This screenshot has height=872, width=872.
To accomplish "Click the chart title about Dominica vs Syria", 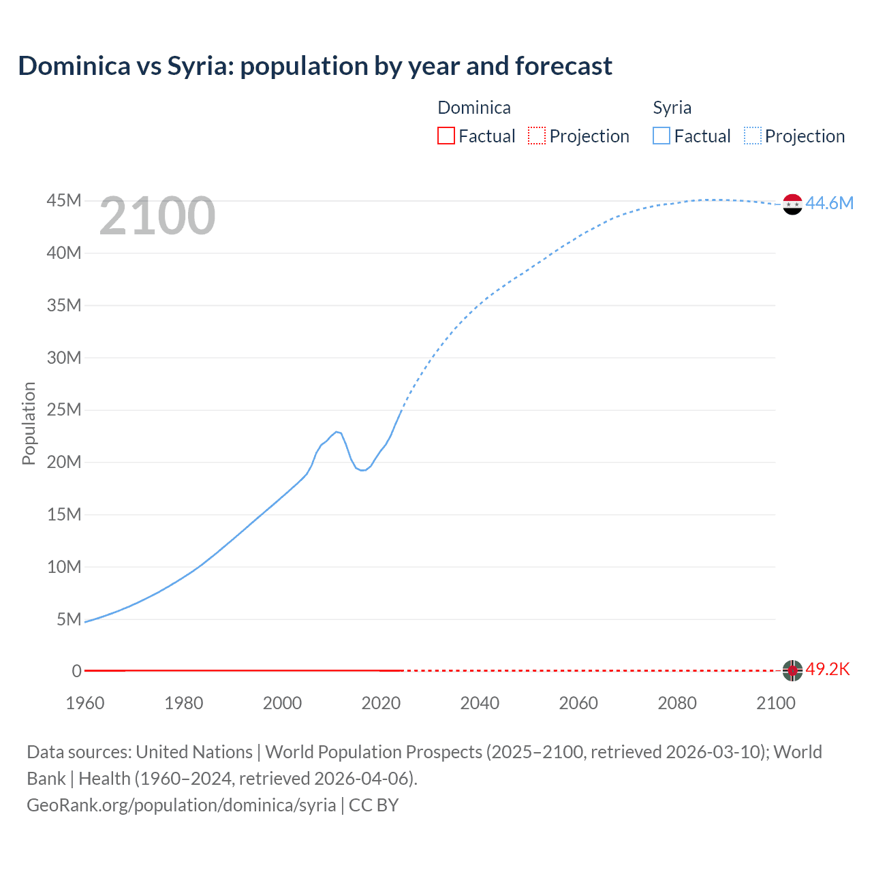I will point(315,66).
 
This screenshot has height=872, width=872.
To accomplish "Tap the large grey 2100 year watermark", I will point(157,216).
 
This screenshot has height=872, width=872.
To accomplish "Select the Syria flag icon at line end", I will point(792,204).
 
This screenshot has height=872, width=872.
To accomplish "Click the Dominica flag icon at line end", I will point(792,670).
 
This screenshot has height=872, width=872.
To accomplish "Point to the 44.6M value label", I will point(829,203).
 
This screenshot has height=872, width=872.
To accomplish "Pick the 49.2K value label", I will point(828,669).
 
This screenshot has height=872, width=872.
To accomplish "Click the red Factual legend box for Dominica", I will point(446,136).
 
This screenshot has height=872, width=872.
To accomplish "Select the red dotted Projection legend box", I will point(537,136).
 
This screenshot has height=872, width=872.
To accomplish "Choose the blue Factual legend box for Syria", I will point(661,136).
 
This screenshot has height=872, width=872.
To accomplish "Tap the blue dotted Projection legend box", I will point(753,136).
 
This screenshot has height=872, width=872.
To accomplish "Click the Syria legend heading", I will point(672,108).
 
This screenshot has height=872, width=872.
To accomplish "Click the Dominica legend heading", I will point(473,108).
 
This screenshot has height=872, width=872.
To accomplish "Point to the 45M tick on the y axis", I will point(64,201).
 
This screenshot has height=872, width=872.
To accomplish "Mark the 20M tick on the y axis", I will point(64,462).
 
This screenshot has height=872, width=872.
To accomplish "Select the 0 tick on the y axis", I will point(76,671).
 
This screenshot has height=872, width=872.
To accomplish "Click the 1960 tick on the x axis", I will point(85,703).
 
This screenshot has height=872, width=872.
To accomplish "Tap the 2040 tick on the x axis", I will point(480,703).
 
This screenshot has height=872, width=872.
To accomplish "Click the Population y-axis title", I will point(29,423).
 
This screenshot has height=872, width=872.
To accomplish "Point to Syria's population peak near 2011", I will point(337,431).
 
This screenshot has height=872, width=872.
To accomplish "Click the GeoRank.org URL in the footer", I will point(181,805).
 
